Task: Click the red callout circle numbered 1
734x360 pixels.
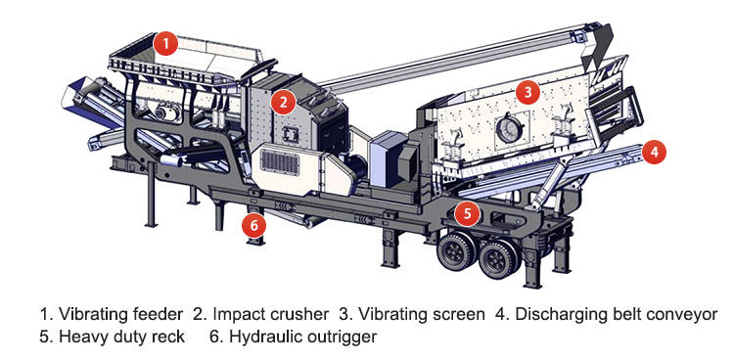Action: (166, 44)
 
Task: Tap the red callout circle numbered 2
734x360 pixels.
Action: (283, 102)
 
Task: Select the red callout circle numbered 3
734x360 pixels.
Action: (528, 92)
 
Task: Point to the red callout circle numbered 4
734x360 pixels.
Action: (654, 152)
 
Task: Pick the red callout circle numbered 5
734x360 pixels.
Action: (468, 213)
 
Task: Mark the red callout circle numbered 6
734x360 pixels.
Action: (253, 225)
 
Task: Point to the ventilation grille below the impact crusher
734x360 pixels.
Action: (280, 163)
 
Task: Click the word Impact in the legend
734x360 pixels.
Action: (238, 315)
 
